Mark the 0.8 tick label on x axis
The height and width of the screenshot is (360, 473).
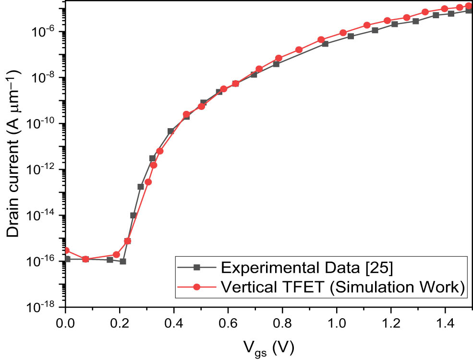(282, 320)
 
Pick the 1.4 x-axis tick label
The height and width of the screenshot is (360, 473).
(445, 320)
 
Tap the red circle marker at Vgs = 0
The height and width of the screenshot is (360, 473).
(66, 251)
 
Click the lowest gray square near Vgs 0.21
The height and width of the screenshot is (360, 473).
(123, 262)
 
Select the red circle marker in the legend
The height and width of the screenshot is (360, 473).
(196, 287)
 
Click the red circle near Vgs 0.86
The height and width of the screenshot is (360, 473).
(299, 50)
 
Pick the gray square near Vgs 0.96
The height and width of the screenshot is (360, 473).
(325, 44)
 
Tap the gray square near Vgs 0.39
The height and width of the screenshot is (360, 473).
(170, 131)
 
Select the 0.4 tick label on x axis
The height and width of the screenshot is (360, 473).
(174, 320)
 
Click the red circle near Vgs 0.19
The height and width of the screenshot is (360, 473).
(116, 254)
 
